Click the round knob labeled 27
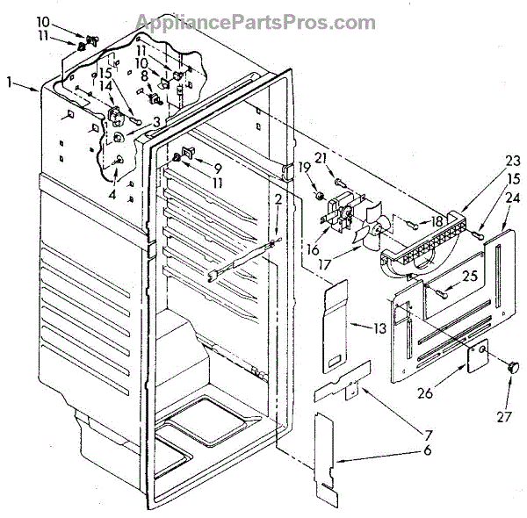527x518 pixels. [507, 365]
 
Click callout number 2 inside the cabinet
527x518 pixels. [278, 201]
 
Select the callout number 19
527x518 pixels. [305, 168]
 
